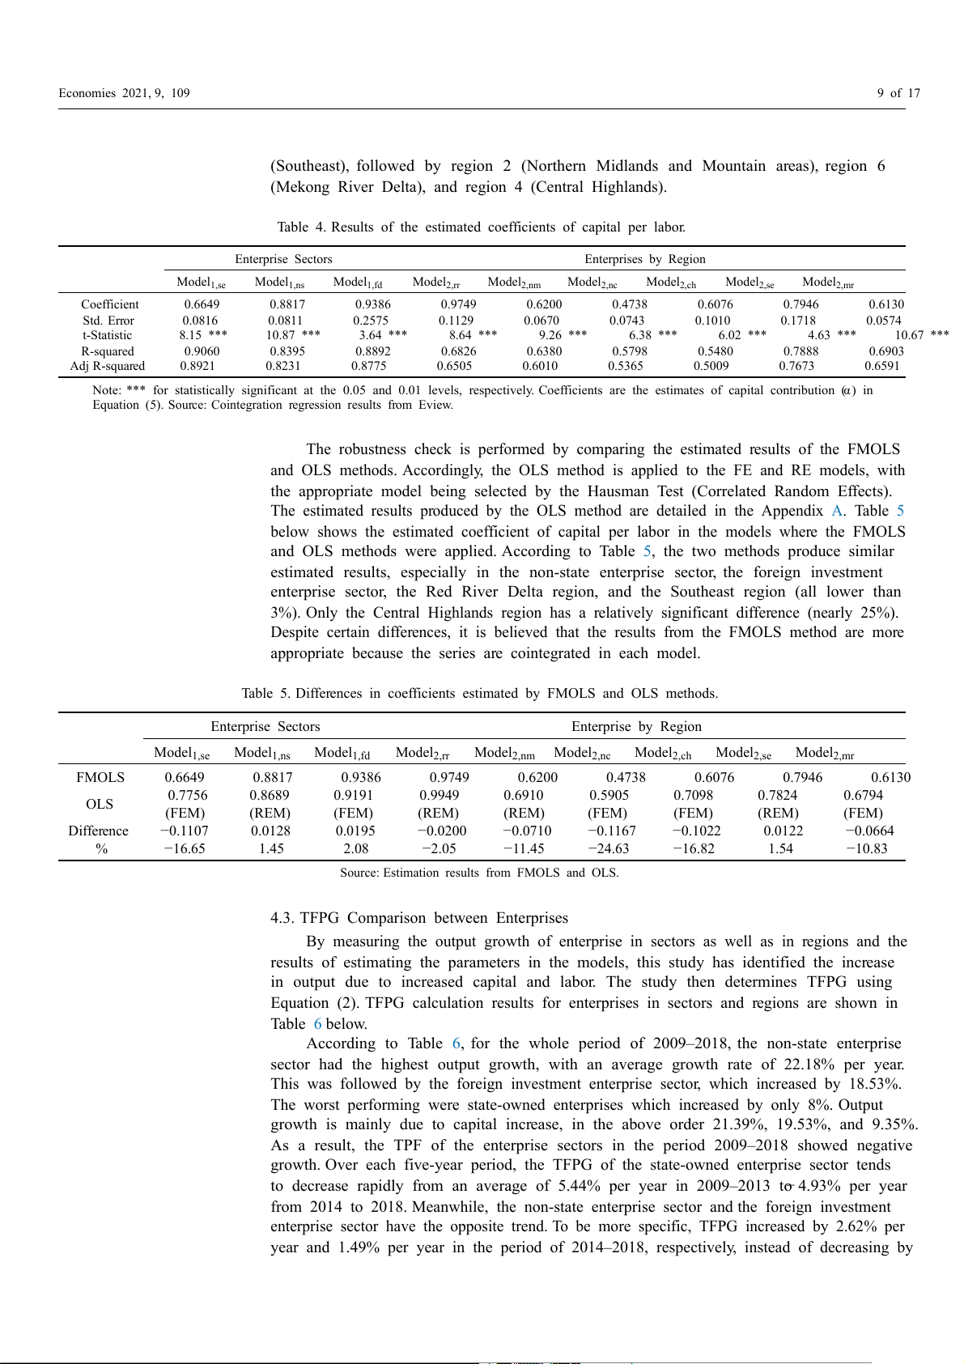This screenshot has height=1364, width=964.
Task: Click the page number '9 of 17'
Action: (898, 93)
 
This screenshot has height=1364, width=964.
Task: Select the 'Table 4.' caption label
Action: (302, 227)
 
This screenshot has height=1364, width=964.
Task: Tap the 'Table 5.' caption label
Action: (266, 694)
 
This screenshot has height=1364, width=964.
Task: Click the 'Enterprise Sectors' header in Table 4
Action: (283, 259)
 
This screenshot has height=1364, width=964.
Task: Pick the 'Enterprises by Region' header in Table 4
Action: (645, 259)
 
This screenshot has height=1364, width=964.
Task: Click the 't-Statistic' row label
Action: (108, 335)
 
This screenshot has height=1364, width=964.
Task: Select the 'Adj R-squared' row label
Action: (108, 366)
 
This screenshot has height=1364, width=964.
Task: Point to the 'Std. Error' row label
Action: (108, 321)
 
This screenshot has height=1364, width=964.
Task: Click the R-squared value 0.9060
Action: (202, 351)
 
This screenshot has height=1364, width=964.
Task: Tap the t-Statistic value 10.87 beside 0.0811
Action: (281, 335)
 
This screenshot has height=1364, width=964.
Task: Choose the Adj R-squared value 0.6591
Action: (881, 366)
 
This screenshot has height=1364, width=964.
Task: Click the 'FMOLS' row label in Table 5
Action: (100, 778)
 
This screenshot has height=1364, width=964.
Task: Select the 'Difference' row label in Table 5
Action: (99, 831)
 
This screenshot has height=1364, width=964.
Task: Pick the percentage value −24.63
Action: (608, 849)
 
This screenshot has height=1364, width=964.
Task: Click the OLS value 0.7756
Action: (188, 796)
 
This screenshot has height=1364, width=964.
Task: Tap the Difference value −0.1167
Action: (612, 831)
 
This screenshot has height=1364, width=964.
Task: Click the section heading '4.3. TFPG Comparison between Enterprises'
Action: (419, 918)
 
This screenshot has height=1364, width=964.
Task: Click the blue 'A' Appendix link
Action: (837, 512)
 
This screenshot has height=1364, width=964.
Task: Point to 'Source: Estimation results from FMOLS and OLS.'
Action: (479, 873)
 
